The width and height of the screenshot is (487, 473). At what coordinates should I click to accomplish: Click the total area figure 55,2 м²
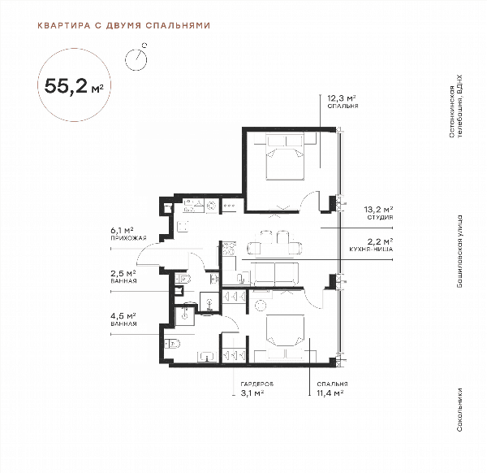click(74, 85)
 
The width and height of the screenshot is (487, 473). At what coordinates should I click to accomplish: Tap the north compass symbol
click(136, 58)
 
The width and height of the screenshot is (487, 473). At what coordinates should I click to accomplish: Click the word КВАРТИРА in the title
click(63, 25)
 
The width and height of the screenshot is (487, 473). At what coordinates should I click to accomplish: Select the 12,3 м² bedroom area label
click(342, 98)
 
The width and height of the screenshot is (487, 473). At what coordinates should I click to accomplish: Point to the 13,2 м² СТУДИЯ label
click(378, 213)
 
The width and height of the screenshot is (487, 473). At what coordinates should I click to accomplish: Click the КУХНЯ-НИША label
click(371, 249)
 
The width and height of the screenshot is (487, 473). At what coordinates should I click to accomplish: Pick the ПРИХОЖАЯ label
click(128, 238)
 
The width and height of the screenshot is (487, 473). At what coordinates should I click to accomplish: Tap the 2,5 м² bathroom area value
click(123, 274)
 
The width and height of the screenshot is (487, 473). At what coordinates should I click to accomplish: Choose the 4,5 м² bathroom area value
click(123, 316)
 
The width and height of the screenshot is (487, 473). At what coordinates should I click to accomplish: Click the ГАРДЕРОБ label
click(257, 384)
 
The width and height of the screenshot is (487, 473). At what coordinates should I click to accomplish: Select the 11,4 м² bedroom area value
click(330, 393)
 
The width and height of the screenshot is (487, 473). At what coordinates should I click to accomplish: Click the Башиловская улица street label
click(459, 251)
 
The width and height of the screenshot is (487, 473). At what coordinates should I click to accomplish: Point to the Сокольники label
click(459, 410)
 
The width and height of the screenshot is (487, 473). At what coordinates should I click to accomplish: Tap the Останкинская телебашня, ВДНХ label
click(455, 106)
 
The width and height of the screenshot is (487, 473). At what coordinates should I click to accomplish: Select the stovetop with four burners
click(229, 249)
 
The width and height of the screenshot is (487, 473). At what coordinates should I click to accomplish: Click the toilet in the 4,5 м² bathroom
click(172, 343)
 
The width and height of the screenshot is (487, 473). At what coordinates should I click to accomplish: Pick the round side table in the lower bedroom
click(261, 306)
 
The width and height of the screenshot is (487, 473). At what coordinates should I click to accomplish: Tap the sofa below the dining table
click(274, 274)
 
